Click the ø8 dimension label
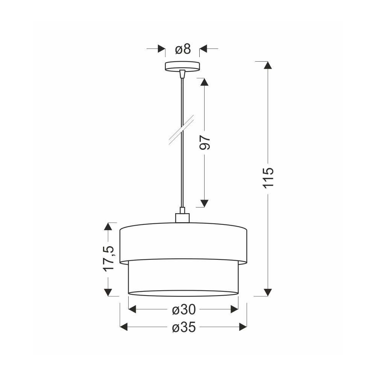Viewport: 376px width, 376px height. point(183,49)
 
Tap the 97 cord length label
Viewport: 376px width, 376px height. point(205,143)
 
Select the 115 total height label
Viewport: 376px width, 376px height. point(268,177)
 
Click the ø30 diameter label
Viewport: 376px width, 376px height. point(184,309)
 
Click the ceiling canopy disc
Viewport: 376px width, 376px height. point(182,66)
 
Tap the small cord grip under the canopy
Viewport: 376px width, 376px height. point(182,74)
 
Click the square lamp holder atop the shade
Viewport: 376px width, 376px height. point(182,218)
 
